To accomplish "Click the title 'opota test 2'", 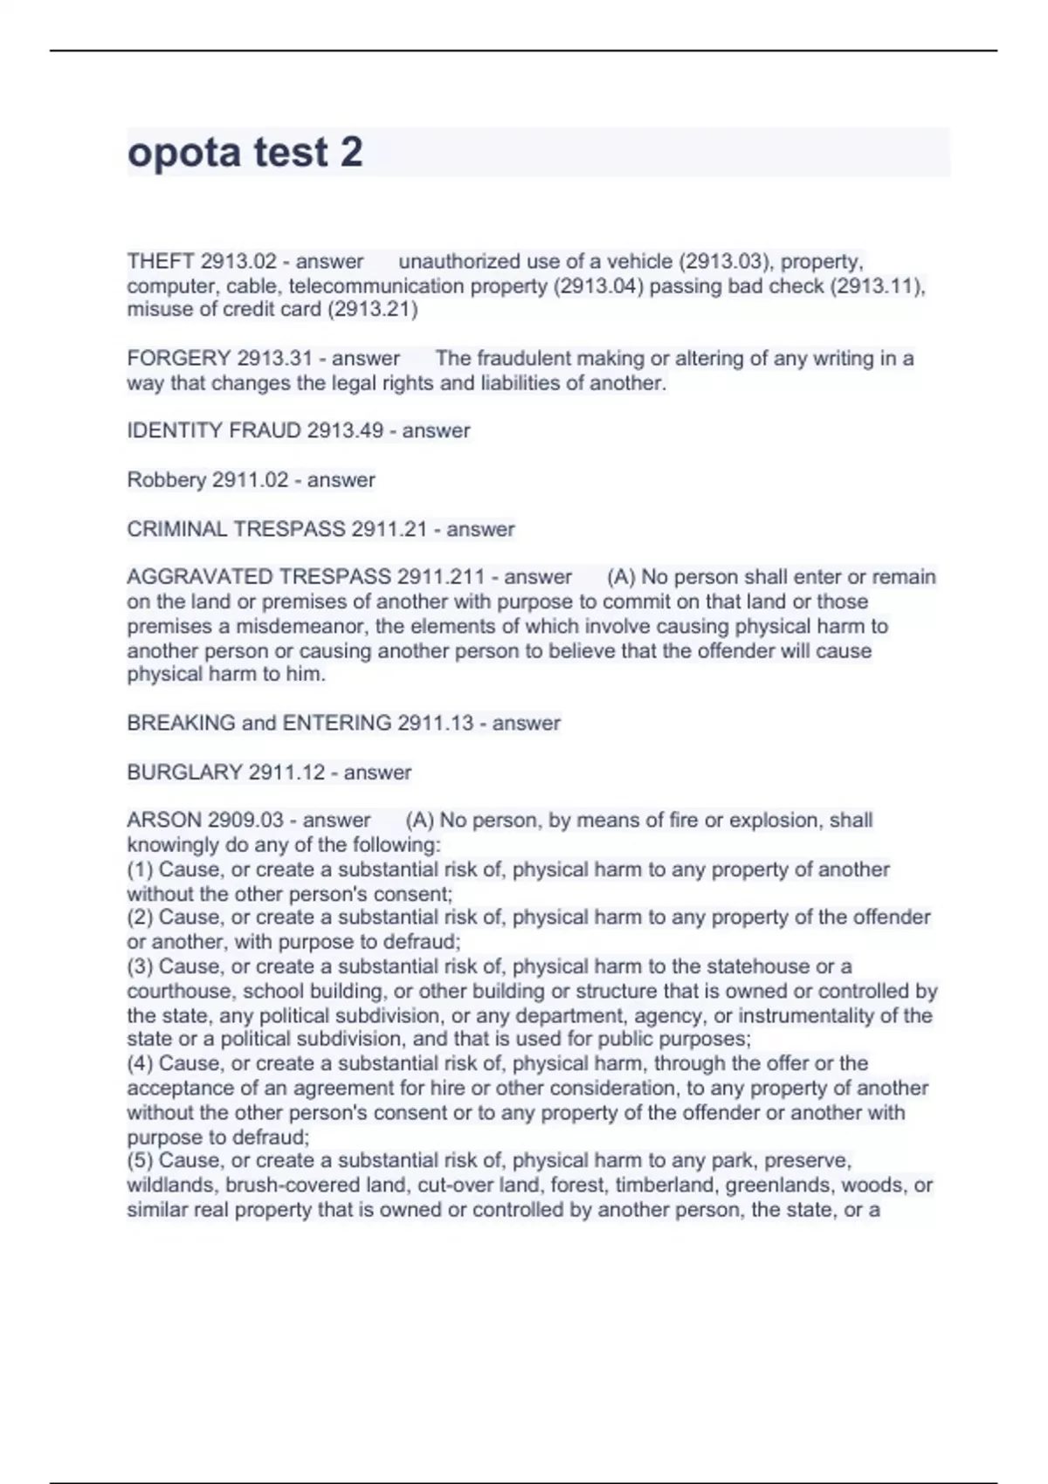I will pos(245,153).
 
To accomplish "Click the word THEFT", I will pos(160,262).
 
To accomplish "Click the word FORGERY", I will pos(178,359).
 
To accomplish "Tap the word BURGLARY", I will pos(183,773).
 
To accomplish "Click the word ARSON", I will pos(163,821).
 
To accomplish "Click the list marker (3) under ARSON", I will pos(140,967).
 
